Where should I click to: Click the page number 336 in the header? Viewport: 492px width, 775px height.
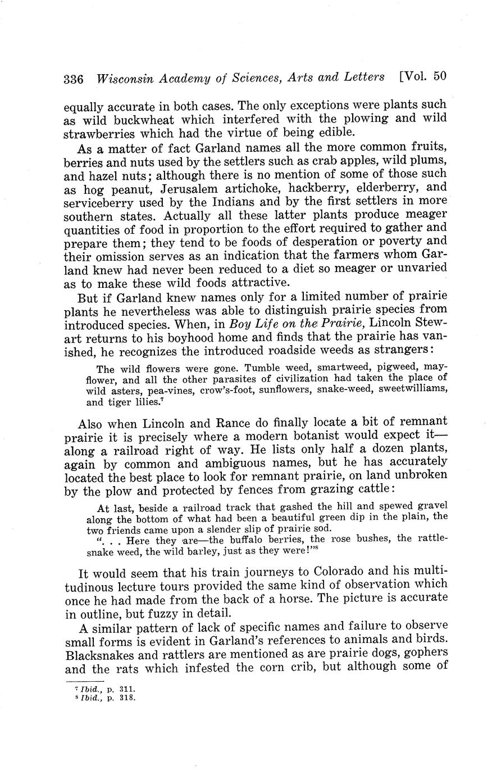click(x=73, y=79)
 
